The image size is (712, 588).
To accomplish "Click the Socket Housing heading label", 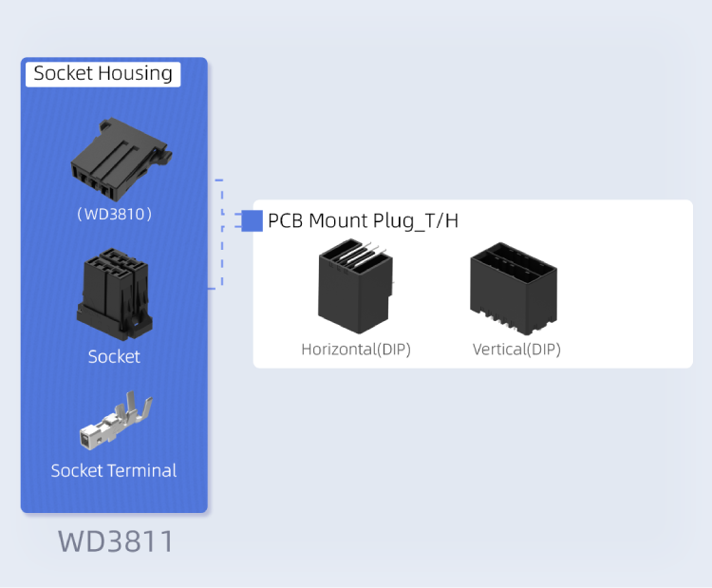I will pyautogui.click(x=103, y=73).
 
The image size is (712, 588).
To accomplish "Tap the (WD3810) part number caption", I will pyautogui.click(x=114, y=214).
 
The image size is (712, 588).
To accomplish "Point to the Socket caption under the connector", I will pyautogui.click(x=114, y=356).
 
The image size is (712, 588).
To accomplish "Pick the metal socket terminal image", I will pyautogui.click(x=116, y=423).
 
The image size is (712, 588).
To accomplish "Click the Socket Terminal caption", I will pyautogui.click(x=114, y=470).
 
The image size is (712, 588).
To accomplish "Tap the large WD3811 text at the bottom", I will pyautogui.click(x=116, y=541).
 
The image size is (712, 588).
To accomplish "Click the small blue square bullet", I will pyautogui.click(x=252, y=220).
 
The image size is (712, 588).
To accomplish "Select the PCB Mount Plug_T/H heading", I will pyautogui.click(x=363, y=221).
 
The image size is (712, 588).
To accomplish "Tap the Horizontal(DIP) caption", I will pyautogui.click(x=356, y=349).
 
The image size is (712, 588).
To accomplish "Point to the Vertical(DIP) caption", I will pyautogui.click(x=516, y=349).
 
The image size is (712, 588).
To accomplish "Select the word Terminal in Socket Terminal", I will pyautogui.click(x=141, y=470).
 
